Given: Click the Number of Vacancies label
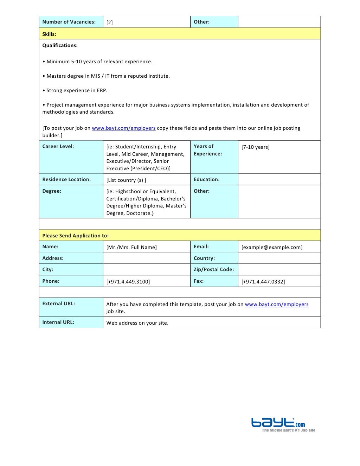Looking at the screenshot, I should (69, 22).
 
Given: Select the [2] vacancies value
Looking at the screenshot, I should (110, 23).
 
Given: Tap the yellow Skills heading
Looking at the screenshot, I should (49, 34).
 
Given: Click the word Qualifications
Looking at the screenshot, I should (60, 45).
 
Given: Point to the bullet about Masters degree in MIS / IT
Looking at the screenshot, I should (108, 76).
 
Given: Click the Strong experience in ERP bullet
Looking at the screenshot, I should (77, 90).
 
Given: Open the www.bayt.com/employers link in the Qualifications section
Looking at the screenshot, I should (123, 128).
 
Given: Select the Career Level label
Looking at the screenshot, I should (58, 146).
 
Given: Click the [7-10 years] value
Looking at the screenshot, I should (255, 147).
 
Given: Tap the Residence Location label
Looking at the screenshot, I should (66, 179).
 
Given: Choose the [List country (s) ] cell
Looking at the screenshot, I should (126, 180).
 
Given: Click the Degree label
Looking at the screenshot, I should (52, 191).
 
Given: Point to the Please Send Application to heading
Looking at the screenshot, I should (75, 236).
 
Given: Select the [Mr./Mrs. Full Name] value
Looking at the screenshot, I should (131, 247).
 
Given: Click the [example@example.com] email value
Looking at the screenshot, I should (272, 247).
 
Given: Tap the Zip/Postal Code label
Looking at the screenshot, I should (213, 269).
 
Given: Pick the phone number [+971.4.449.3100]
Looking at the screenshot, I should (128, 282).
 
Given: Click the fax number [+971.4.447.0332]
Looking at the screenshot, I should (263, 282).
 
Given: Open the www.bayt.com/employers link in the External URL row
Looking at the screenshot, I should (276, 304).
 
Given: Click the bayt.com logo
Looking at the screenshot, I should (278, 423).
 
